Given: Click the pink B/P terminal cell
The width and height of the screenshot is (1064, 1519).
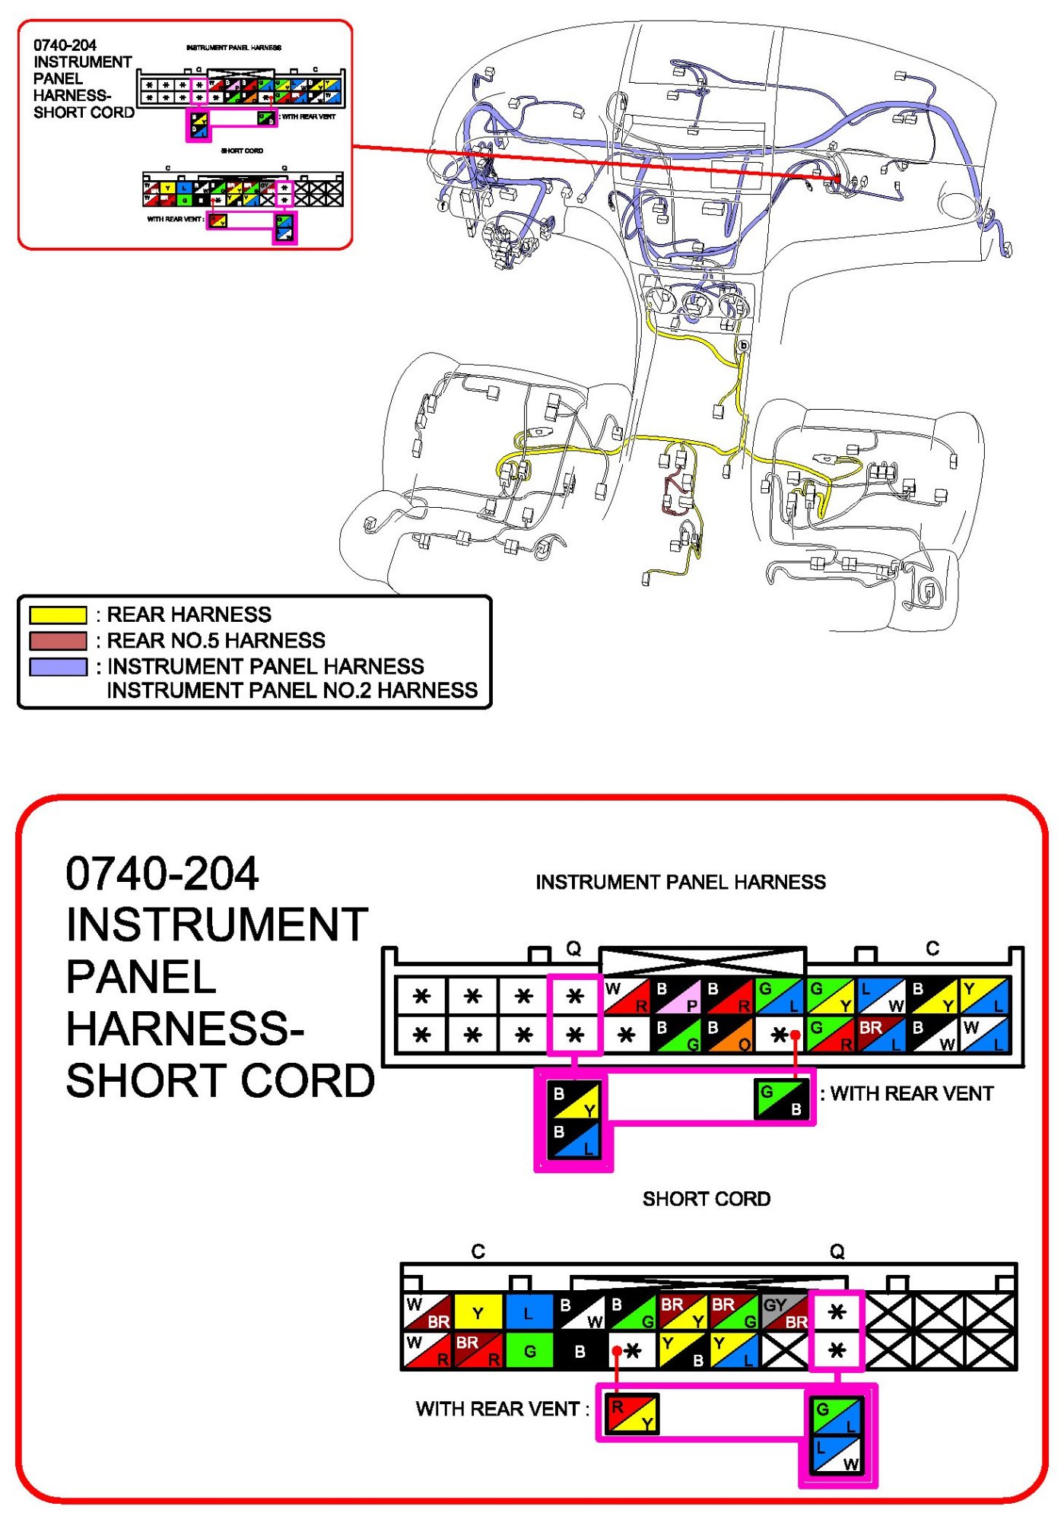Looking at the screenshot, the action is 678,996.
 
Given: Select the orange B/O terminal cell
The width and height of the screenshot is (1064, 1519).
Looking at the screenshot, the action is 729,1035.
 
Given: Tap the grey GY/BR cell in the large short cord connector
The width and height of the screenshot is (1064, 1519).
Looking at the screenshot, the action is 785,1313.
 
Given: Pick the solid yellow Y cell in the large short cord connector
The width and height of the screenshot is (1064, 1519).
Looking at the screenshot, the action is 478,1313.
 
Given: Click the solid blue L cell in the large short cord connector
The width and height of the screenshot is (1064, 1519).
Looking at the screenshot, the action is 529,1313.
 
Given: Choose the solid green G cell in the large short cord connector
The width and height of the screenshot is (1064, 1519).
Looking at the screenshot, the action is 529,1351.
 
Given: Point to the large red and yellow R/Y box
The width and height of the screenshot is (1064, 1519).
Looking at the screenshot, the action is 633,1414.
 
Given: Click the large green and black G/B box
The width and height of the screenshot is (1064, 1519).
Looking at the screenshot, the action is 781,1099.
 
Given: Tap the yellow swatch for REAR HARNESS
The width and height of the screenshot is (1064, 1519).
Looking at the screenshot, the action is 58,614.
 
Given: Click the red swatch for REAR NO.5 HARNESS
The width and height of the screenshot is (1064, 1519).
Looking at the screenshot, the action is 58,640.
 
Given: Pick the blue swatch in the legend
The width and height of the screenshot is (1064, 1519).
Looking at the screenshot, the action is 58,667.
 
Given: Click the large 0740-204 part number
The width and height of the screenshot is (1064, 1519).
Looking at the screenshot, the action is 162,874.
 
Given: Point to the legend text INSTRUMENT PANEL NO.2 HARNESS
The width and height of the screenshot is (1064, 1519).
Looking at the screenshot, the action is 292,690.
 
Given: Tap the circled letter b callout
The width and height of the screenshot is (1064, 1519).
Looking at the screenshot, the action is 743,346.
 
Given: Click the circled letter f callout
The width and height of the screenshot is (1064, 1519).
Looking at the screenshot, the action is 443,205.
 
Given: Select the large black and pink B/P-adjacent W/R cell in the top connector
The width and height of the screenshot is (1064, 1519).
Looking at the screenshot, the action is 627,996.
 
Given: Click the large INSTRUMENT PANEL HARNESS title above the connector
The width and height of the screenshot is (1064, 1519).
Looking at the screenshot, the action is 681,882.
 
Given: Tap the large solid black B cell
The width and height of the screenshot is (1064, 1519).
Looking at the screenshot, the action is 580,1351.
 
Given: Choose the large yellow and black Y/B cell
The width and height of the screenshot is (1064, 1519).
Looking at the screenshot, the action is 682,1351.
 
